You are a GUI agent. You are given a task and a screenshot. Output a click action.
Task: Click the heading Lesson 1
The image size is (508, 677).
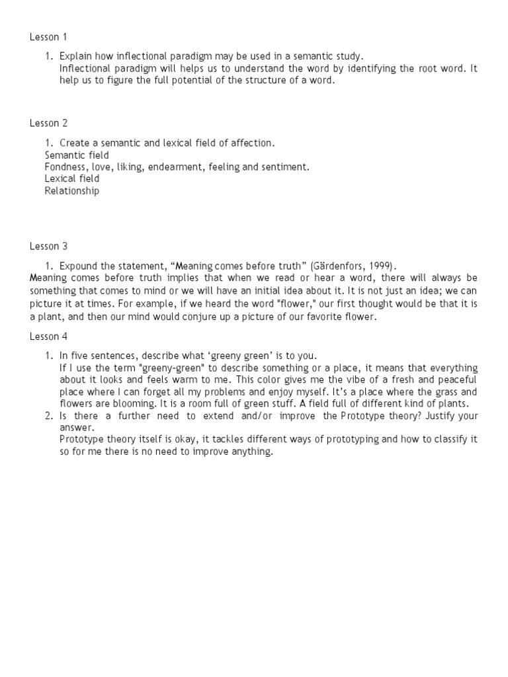pyautogui.click(x=48, y=37)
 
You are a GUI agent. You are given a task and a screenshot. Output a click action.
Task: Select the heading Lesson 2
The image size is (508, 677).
pyautogui.click(x=48, y=123)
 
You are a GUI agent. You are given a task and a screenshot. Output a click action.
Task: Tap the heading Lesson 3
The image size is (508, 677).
pyautogui.click(x=48, y=247)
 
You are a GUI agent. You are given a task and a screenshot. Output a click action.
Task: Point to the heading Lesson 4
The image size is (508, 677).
pyautogui.click(x=48, y=337)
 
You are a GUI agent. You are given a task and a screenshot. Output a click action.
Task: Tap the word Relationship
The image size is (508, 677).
pyautogui.click(x=72, y=191)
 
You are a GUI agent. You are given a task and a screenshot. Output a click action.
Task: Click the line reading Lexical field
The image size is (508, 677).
pyautogui.click(x=72, y=179)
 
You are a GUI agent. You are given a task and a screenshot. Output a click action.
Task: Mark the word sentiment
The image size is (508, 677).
pyautogui.click(x=285, y=167)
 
